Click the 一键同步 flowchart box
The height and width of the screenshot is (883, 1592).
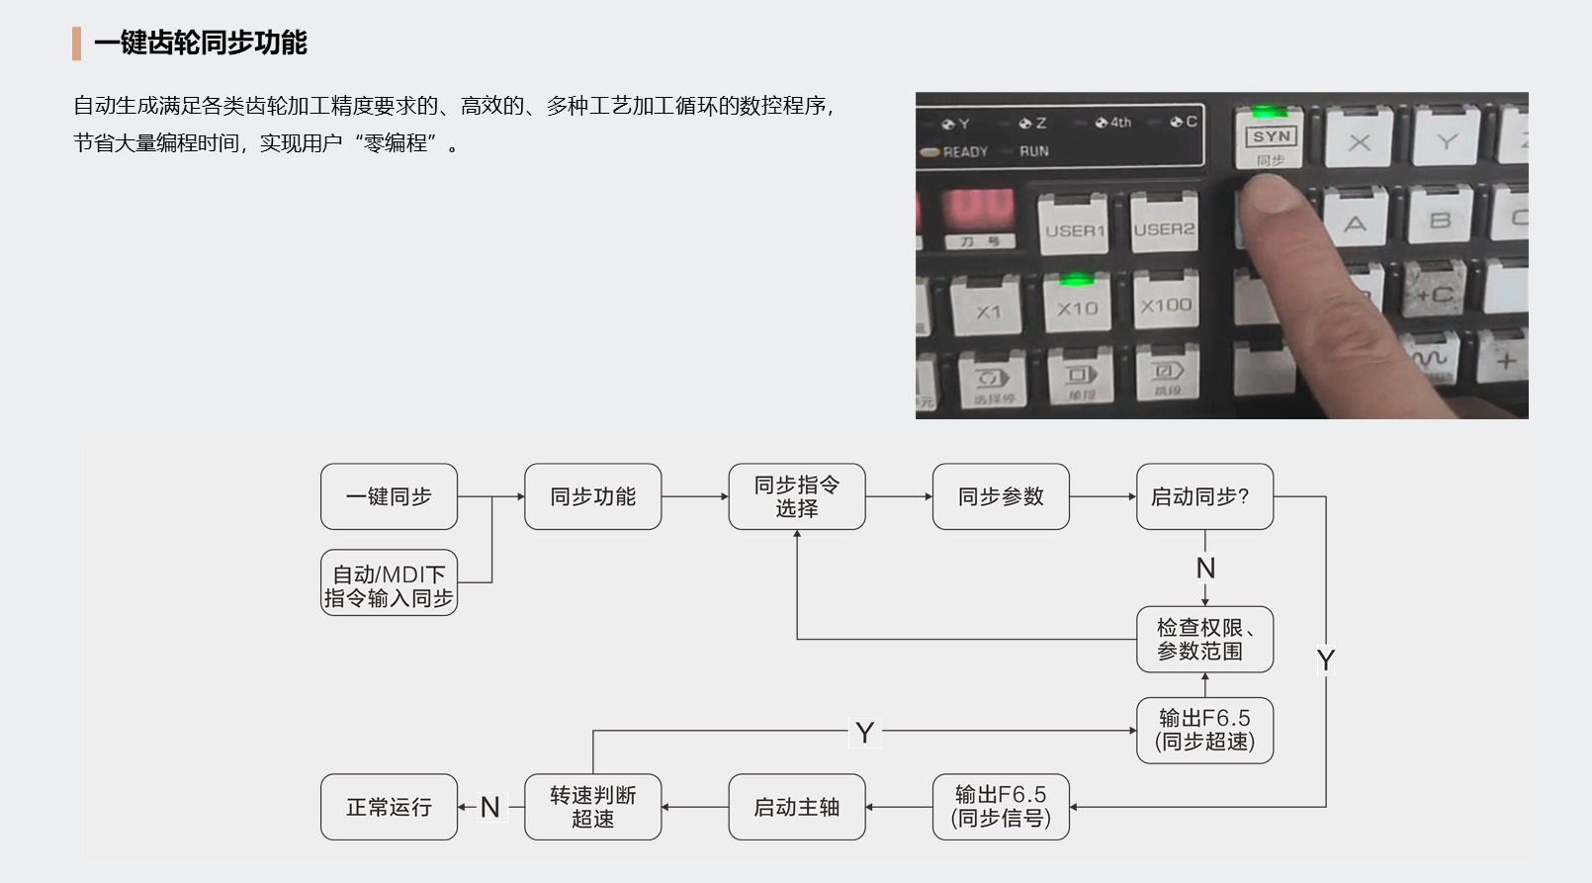pos(389,496)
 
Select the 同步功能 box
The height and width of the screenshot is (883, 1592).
pos(592,496)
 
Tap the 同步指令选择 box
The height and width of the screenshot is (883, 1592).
pos(796,496)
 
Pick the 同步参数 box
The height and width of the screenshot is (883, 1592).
pos(1001,496)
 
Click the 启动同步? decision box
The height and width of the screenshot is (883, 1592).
pos(1204,496)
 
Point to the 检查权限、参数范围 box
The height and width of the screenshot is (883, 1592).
pos(1204,640)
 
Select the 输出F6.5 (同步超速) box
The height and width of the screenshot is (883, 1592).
pos(1204,731)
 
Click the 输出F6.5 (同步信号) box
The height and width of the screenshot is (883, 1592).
pos(1001,807)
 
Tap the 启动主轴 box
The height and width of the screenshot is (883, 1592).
pos(796,807)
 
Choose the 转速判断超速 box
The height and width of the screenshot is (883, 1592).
pos(592,807)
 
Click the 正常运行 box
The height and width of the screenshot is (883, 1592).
pos(389,807)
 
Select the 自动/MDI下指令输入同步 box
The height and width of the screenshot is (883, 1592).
pos(389,583)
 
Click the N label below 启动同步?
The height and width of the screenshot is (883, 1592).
pos(1205,569)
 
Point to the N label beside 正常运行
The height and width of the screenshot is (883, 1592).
pos(489,808)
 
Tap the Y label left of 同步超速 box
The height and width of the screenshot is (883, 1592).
pos(865,733)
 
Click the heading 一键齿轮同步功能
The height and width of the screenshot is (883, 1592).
pos(201,43)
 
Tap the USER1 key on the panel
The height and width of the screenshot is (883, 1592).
pos(1075,228)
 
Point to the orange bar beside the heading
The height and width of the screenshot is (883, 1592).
pos(76,44)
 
